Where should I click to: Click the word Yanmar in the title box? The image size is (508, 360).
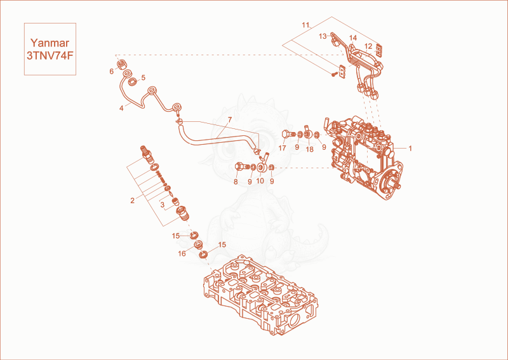[50, 43]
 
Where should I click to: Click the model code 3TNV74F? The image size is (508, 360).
[50, 56]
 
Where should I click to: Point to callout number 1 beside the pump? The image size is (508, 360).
[410, 149]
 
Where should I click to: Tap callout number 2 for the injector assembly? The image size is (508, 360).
[132, 201]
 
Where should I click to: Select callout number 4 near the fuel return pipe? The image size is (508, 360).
[121, 108]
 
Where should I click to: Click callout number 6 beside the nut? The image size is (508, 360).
[112, 71]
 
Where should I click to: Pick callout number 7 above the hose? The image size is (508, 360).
[230, 120]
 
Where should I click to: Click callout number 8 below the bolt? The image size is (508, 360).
[236, 182]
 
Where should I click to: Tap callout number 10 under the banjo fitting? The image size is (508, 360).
[260, 181]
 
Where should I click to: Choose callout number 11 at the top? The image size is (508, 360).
[306, 25]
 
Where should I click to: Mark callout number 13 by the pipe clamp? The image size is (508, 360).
[323, 36]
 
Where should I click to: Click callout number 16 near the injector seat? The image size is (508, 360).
[182, 253]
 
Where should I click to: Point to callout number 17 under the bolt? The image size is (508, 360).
[282, 148]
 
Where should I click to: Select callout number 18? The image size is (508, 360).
[309, 149]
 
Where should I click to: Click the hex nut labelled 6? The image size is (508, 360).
[121, 64]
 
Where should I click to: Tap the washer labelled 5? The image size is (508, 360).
[132, 81]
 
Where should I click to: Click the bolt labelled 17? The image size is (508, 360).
[288, 134]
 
